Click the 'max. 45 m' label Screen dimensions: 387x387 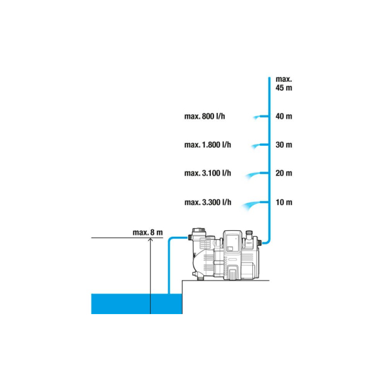(284, 83)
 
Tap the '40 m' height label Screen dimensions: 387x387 (284, 116)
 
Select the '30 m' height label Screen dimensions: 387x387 (284, 144)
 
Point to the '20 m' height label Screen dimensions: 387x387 (284, 173)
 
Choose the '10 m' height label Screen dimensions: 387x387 (284, 203)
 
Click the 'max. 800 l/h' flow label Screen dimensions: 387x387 (204, 116)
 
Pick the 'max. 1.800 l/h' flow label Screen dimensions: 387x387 (208, 144)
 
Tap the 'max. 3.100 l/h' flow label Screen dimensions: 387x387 (208, 173)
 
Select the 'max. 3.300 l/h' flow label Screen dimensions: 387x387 (208, 203)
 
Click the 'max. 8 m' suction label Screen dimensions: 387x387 (148, 232)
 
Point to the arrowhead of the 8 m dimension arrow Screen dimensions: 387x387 (150, 239)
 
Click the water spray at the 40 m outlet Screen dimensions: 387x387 (257, 117)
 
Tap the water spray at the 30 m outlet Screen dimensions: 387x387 (255, 146)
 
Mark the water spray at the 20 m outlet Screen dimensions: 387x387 (252, 175)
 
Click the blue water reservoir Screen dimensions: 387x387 (137, 304)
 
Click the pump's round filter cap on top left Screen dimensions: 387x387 (199, 232)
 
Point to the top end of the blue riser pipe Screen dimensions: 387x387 (269, 78)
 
